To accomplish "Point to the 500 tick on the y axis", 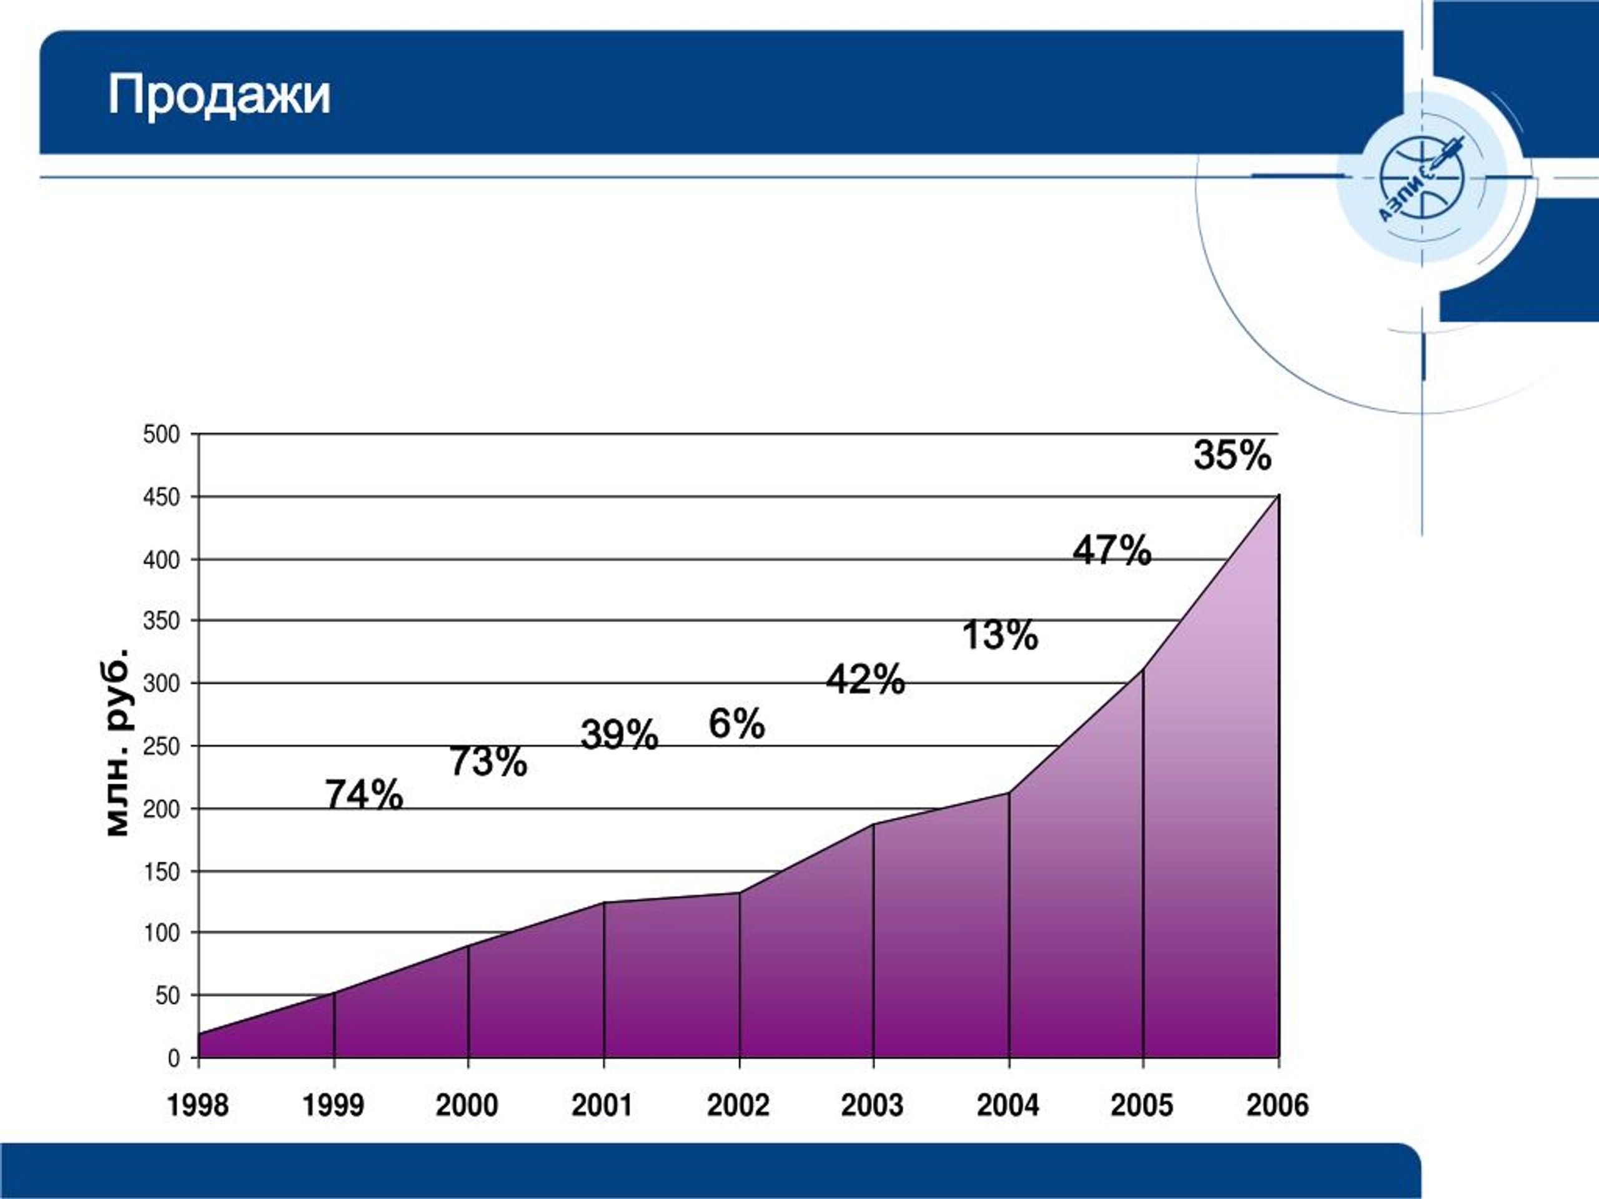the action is pos(161,435).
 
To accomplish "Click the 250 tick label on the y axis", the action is pos(161,746).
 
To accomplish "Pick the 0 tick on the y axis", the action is pos(174,1058).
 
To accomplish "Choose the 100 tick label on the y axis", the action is pos(161,933).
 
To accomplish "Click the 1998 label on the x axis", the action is pos(197,1106).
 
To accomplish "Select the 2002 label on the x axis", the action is pos(738,1106).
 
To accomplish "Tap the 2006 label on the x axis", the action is pos(1277,1106).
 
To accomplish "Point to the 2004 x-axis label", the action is pos(1007,1106).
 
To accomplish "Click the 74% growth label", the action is pos(364,795).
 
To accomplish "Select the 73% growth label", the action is pos(488,761).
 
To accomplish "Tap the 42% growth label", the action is pos(865,679).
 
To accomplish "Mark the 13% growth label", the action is pos(1000,635).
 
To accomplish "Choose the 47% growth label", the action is pos(1112,550).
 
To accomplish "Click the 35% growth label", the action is pos(1232,455).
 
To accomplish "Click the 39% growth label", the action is pos(620,735).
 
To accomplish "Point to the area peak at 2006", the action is pos(1279,496).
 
